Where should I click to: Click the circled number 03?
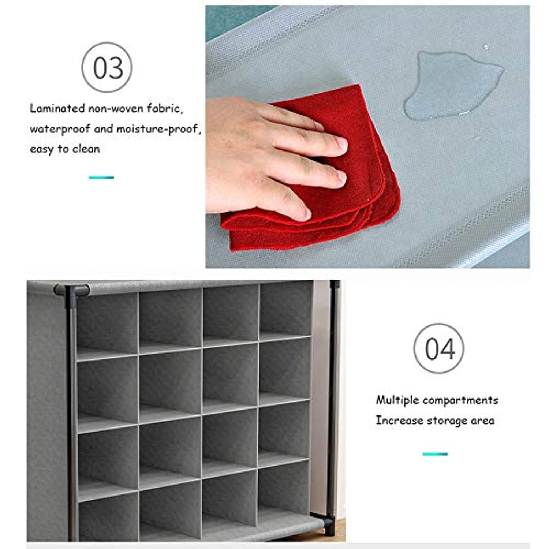pos(107,67)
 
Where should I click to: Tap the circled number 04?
pos(439,348)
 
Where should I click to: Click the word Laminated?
pos(57,108)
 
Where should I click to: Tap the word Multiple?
pos(397,400)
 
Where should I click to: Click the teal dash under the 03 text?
pos(101,178)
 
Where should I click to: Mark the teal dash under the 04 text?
pos(435,454)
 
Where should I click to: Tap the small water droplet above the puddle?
pos(486,47)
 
